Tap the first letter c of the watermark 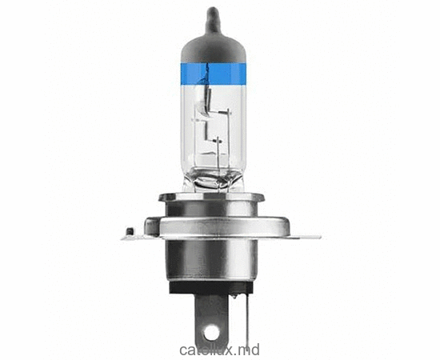[x=184, y=350]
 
